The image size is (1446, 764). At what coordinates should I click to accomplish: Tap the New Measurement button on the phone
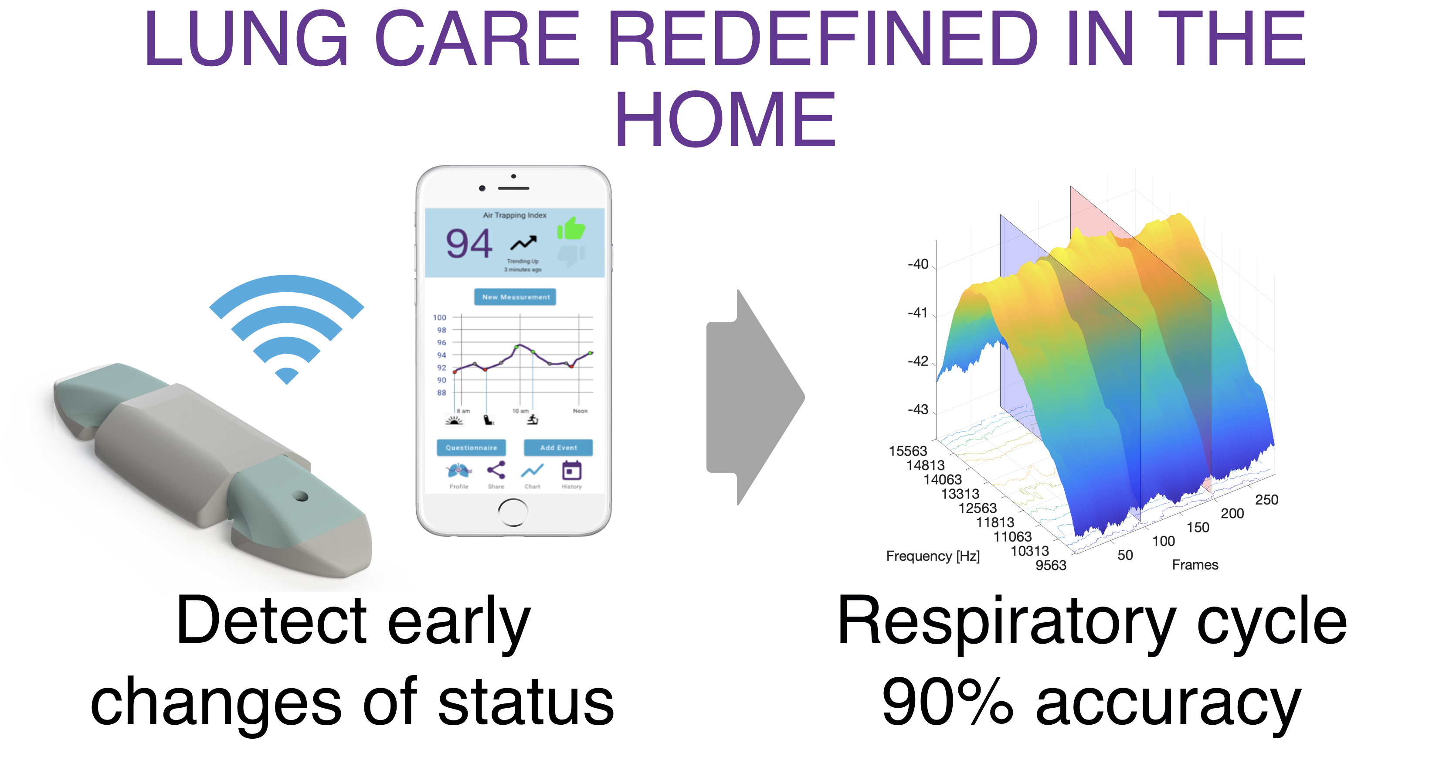(x=515, y=297)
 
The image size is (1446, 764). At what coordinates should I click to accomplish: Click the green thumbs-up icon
(x=571, y=229)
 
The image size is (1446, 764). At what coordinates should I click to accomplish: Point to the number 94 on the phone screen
(x=469, y=244)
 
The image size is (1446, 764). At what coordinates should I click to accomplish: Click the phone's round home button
(x=513, y=512)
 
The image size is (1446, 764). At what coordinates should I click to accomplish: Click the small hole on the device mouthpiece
(x=301, y=496)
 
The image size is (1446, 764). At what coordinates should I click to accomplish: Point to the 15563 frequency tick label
(x=908, y=450)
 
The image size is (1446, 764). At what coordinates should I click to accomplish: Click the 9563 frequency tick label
(x=1051, y=565)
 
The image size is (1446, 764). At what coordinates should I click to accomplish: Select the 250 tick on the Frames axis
(x=1266, y=499)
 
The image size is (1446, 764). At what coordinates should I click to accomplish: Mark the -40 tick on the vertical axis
(x=918, y=264)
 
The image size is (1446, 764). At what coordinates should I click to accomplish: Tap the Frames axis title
(x=1195, y=565)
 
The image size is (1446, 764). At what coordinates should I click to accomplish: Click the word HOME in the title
(x=725, y=119)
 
